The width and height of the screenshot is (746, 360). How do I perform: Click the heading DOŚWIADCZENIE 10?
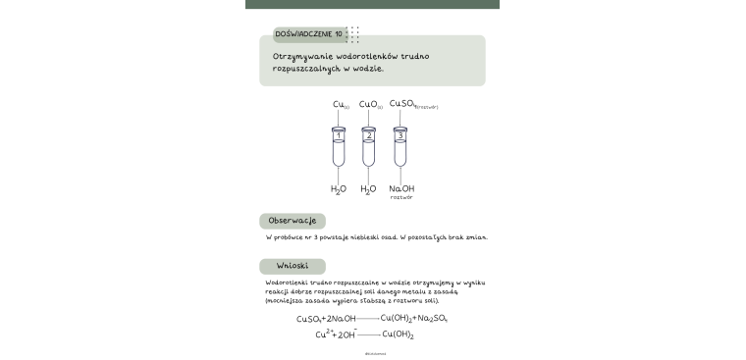point(308,34)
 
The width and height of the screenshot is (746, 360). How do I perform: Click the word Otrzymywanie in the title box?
point(302,57)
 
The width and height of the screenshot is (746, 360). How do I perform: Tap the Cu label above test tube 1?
point(340,104)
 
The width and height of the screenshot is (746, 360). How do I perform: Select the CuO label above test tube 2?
point(370,104)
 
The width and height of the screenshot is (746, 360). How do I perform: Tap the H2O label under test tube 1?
point(339,188)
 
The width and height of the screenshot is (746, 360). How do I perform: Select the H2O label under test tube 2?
point(368,188)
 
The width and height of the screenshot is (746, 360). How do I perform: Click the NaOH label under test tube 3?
point(401,188)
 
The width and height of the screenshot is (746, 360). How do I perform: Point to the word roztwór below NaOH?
point(401,198)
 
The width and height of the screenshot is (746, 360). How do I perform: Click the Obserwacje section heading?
point(292,221)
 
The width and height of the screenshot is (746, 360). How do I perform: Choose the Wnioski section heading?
point(293,266)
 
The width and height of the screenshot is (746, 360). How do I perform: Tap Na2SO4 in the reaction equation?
point(433,319)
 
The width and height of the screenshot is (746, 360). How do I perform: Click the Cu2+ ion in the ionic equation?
point(323,334)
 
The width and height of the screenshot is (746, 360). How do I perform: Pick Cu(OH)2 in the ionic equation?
point(397,334)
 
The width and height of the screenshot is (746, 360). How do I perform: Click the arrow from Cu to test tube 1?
point(339,118)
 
